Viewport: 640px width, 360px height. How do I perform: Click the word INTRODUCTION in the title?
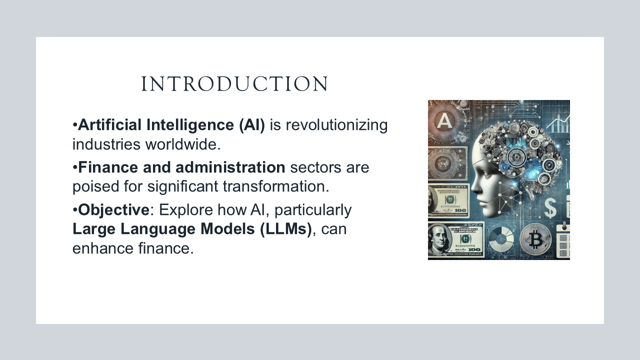click(x=234, y=84)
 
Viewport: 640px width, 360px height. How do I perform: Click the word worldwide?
click(x=182, y=145)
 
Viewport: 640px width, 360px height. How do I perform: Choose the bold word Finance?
click(x=107, y=167)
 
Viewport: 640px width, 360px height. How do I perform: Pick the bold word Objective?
click(x=113, y=210)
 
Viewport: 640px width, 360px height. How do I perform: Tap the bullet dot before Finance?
click(x=75, y=167)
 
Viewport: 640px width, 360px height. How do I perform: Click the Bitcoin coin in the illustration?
click(x=535, y=241)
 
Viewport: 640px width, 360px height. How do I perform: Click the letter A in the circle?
click(x=444, y=121)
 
